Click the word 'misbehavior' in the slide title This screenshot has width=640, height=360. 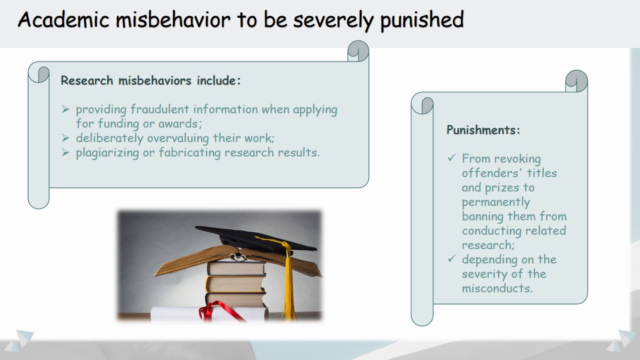(173, 19)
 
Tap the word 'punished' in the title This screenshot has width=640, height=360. (422, 20)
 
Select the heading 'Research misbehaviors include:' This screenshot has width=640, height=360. (151, 80)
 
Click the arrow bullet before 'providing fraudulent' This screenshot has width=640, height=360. (65, 109)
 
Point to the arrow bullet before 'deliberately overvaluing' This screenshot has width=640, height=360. (65, 138)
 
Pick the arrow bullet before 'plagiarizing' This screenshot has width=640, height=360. (65, 152)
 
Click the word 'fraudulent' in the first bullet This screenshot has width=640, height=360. (159, 109)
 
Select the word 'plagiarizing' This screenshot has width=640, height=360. (107, 153)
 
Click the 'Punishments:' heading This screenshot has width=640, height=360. (483, 130)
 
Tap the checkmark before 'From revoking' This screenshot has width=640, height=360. (451, 157)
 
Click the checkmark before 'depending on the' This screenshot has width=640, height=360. (451, 258)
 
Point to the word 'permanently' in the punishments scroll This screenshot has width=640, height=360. (496, 202)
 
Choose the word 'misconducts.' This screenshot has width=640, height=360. (497, 288)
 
